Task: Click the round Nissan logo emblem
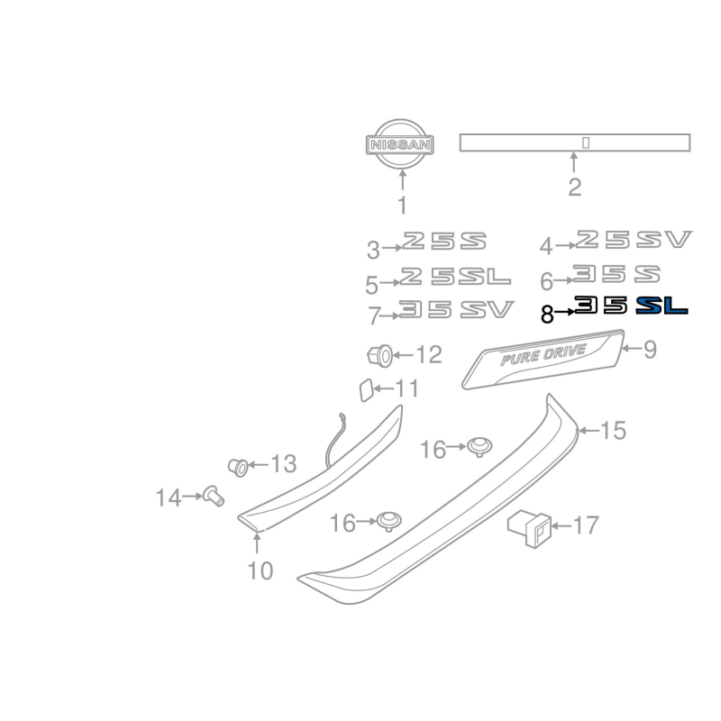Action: (x=400, y=144)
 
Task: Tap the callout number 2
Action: (x=574, y=187)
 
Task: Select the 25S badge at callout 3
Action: (x=444, y=241)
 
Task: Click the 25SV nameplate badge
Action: (x=634, y=239)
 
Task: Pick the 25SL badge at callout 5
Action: (x=455, y=276)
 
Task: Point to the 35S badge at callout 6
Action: (x=616, y=274)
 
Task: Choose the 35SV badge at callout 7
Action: (x=456, y=309)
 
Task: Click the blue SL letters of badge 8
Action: (x=662, y=306)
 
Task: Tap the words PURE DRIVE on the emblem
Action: (x=543, y=354)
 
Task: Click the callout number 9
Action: (x=650, y=350)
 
